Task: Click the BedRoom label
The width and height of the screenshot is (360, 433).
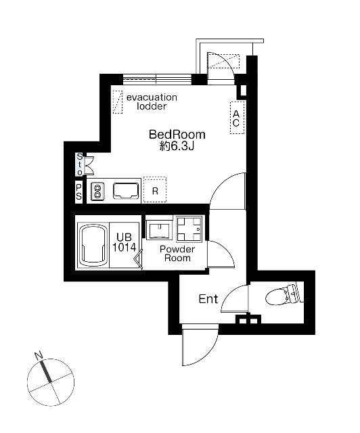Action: [x=177, y=135]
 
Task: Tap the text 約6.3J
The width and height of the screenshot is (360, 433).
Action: [x=177, y=146]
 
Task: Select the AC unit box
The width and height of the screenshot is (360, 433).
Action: [x=237, y=118]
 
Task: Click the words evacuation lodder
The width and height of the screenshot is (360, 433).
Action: [x=152, y=101]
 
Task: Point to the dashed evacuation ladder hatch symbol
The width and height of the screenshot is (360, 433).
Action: [x=118, y=102]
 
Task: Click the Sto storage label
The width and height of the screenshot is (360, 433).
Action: [x=79, y=164]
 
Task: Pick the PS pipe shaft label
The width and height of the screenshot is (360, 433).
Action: [x=79, y=192]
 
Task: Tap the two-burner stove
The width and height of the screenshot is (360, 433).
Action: [x=97, y=191]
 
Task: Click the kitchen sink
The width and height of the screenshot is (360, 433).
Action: [x=126, y=191]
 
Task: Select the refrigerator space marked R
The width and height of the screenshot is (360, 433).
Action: [x=155, y=189]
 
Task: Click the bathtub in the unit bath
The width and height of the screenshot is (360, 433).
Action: [x=92, y=245]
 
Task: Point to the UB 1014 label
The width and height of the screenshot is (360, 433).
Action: [x=124, y=242]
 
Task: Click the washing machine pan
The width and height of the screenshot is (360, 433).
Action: [x=189, y=229]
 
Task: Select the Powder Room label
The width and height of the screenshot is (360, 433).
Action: [x=177, y=254]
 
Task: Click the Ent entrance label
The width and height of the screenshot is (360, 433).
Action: [x=208, y=299]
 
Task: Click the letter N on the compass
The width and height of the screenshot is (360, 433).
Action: [x=38, y=355]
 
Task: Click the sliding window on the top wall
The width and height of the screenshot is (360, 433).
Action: [x=157, y=79]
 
